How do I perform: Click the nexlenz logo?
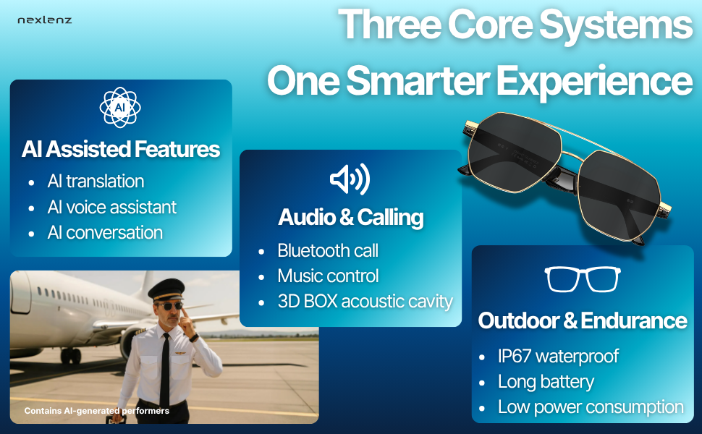tap(44, 20)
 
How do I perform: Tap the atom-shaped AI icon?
tap(120, 107)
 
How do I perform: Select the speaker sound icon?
tap(350, 179)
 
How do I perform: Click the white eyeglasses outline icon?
tap(583, 279)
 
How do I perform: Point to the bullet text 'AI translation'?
tap(96, 182)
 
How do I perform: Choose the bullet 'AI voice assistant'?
tap(112, 207)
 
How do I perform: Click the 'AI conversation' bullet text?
tap(105, 233)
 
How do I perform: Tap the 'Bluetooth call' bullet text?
tap(328, 250)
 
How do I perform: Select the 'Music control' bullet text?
tap(328, 276)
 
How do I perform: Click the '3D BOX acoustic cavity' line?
tap(365, 302)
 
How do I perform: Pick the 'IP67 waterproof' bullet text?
tap(558, 357)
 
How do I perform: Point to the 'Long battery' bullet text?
tap(546, 382)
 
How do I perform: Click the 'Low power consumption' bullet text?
tap(591, 408)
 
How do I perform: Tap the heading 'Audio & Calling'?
tap(350, 218)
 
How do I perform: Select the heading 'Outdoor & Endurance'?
tap(583, 321)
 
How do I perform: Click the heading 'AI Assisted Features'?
tap(121, 149)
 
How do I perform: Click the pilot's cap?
tap(166, 289)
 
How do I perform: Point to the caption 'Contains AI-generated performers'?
tap(97, 411)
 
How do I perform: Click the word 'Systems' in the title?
tap(616, 25)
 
